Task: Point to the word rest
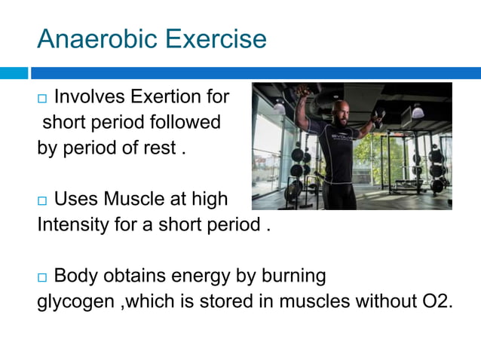click(159, 147)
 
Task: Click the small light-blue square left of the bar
click(13, 73)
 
